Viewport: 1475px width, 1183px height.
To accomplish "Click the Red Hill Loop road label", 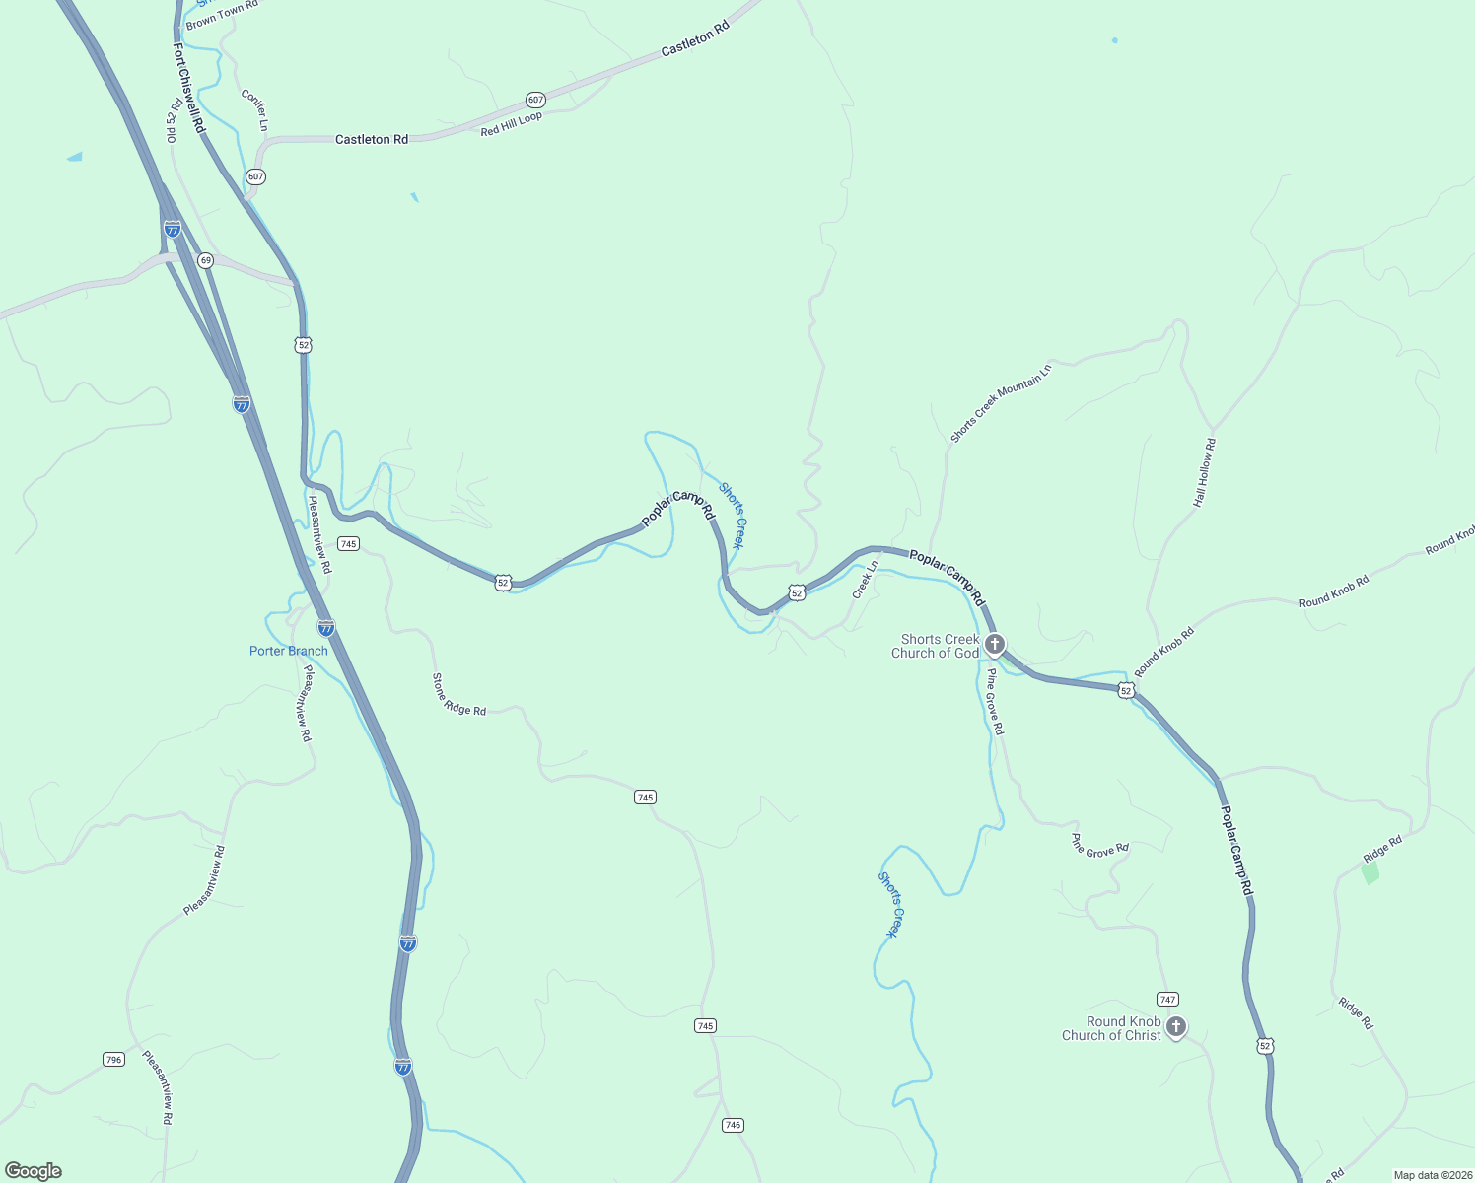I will click(511, 124).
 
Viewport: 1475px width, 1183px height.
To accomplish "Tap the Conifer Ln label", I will click(254, 110).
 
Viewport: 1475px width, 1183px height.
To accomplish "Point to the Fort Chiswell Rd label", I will click(188, 88).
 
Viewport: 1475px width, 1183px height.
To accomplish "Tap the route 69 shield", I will click(205, 260).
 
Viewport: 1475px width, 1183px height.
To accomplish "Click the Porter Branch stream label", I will click(288, 651).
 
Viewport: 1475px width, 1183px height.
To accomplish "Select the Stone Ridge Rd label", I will click(458, 694).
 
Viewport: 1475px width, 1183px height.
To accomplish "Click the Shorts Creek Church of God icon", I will click(995, 645).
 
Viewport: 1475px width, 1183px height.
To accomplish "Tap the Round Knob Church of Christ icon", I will click(1175, 1027).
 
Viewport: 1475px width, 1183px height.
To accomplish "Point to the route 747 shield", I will click(1168, 999).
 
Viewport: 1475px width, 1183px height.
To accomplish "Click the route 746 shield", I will click(732, 1125).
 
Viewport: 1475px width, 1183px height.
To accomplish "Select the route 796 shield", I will click(113, 1060).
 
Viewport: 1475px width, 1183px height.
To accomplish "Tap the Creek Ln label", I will click(865, 580).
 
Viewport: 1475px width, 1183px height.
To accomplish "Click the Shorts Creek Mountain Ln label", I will click(1001, 403).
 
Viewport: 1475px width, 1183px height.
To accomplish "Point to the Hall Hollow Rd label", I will click(1204, 473).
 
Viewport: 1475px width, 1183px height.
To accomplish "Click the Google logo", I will click(34, 1171).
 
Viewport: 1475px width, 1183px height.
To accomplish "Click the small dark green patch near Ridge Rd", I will click(1370, 873).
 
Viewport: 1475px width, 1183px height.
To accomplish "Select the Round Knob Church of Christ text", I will click(1111, 1028).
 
